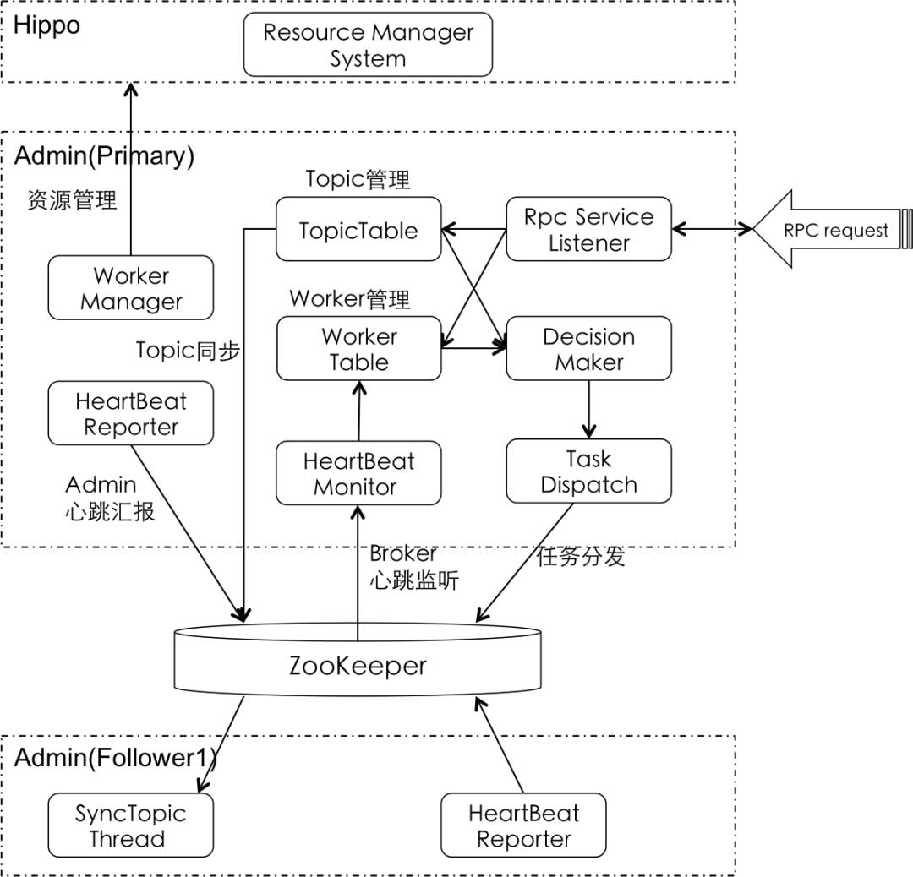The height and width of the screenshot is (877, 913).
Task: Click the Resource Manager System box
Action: pos(368,46)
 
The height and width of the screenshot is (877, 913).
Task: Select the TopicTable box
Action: pos(358,230)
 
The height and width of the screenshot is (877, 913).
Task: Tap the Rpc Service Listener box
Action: pos(588,230)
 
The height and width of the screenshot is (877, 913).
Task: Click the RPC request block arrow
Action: pos(828,230)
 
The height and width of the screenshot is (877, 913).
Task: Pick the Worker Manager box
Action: pos(131,288)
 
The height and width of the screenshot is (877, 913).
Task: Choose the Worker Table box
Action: pos(358,349)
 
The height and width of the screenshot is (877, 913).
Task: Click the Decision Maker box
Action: pos(588,349)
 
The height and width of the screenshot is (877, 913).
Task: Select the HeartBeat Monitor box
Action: pos(358,474)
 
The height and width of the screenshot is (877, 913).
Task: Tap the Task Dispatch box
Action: pos(588,472)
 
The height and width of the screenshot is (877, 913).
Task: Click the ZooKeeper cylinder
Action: pos(358,666)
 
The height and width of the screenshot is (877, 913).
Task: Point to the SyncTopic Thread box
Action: pos(130,825)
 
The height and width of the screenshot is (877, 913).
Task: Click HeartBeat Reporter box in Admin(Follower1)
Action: pos(523,825)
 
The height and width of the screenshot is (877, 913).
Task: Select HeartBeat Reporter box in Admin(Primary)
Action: pos(131,414)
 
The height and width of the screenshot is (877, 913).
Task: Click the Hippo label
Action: pos(47,25)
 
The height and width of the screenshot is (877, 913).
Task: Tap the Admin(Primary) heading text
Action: pos(105,156)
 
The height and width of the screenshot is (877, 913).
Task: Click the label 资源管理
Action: pos(71,201)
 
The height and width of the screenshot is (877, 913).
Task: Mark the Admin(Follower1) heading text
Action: pos(116,758)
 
